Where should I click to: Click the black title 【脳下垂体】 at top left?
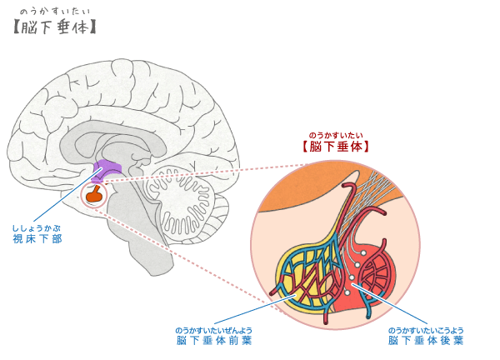[x=54, y=27]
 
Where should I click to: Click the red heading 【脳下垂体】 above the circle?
[x=336, y=147]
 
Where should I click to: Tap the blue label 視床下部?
[x=37, y=239]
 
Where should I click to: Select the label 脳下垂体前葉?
[x=214, y=341]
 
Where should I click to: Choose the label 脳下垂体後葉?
[x=426, y=341]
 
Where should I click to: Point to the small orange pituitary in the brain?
[x=95, y=194]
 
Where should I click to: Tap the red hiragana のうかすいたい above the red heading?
[x=336, y=136]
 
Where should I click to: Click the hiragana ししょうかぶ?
[x=37, y=228]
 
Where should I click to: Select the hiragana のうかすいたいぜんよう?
[x=213, y=330]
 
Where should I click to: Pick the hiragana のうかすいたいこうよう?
[x=426, y=330]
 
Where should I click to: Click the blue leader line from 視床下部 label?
[x=68, y=194]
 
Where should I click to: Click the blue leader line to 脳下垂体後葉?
[x=389, y=304]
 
